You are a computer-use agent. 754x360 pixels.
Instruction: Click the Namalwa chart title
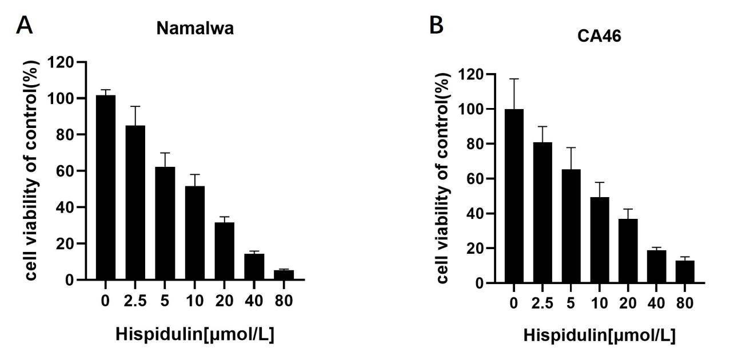point(195,29)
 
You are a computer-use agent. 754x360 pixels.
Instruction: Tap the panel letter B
point(436,25)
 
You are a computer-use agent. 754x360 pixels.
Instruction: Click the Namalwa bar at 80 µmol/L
point(284,275)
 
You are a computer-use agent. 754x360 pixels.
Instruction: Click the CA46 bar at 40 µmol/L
point(656,266)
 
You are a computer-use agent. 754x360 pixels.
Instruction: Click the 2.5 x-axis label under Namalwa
point(135,299)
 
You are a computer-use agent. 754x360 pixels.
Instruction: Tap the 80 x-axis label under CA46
point(684,302)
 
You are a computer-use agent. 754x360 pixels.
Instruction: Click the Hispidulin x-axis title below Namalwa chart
point(195,334)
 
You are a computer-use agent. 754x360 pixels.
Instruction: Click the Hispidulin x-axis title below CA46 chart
point(599,336)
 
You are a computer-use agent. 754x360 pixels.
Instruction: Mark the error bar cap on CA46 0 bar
point(514,79)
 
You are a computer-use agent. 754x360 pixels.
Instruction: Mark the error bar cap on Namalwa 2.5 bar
point(135,106)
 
